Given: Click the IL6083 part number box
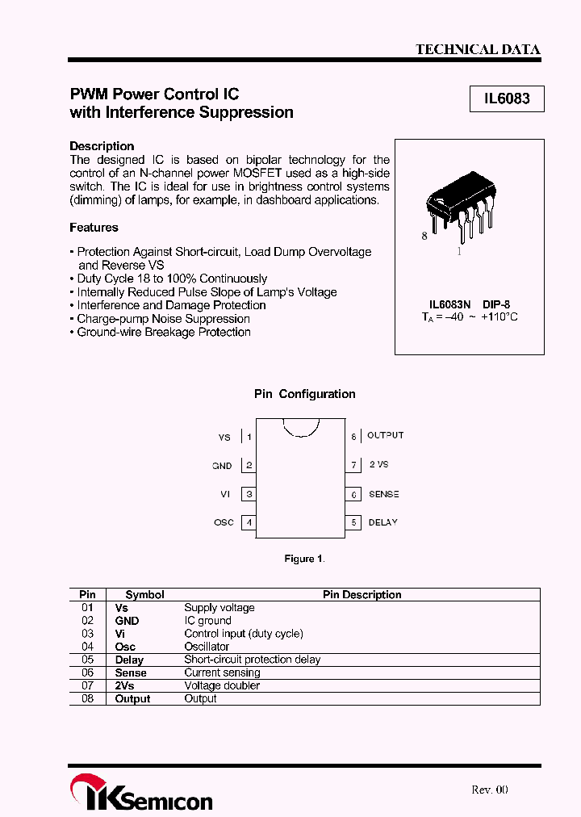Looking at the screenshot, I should [507, 99].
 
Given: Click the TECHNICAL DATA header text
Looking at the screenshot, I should [478, 49].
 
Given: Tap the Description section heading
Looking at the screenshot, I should [102, 146].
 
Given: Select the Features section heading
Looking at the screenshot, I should [94, 228].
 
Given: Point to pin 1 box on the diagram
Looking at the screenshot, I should [249, 437].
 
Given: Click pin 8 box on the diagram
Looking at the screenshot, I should [353, 436].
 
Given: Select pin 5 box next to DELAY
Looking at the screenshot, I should [353, 522].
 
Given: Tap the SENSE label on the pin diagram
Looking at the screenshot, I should [384, 494].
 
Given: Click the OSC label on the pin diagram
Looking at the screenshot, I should [224, 522].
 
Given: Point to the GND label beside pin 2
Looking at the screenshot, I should [222, 466].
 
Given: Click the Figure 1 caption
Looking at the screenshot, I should [304, 559].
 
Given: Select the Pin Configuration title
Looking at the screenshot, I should [305, 394].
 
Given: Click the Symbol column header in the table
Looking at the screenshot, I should [145, 595].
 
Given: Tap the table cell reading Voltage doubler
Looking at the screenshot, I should [222, 685].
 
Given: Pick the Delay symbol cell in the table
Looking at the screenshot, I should [129, 660].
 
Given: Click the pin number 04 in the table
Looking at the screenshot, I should [88, 647].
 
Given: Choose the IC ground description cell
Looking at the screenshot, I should [207, 621].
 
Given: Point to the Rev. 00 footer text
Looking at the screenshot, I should [490, 790].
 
